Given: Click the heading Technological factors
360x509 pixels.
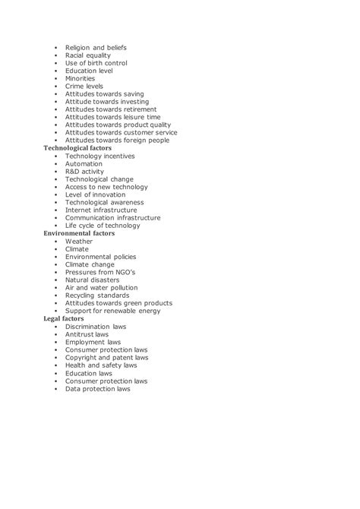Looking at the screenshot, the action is point(79,147).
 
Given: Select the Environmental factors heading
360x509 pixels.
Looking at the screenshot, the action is point(79,233).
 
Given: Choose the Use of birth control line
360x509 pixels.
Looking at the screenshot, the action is point(96,63).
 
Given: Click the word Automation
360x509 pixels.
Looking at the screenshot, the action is point(84,163).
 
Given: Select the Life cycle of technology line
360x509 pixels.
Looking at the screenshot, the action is point(103,226).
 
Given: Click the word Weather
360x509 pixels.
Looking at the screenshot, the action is point(79,242).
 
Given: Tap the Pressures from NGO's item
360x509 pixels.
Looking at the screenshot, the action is point(99,272).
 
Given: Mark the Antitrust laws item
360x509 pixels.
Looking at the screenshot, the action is point(87,334).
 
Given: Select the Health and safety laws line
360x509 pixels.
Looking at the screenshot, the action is point(101,365).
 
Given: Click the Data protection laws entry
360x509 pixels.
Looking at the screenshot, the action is point(98,389).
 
